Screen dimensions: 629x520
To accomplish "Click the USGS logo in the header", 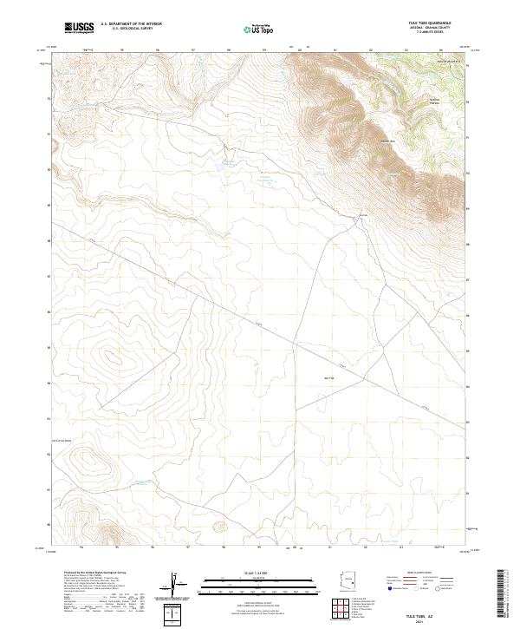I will coord(79,28).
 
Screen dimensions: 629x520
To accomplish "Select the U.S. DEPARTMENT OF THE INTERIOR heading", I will coord(131,23).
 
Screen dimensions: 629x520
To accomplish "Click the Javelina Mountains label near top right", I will coord(447,62).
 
